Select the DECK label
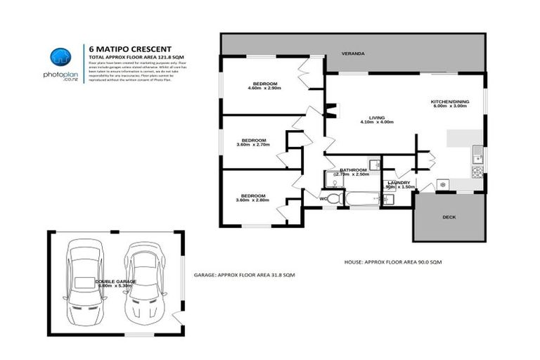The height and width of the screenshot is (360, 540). click(x=449, y=217)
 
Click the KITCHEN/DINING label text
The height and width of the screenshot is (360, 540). click(x=449, y=102)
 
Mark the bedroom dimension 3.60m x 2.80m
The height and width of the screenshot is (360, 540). click(x=252, y=200)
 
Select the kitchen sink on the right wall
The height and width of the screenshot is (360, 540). click(x=477, y=151)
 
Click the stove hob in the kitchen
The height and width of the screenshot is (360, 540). click(x=477, y=171)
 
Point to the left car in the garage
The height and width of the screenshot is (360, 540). click(x=85, y=280)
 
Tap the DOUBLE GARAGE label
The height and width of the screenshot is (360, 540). click(x=115, y=281)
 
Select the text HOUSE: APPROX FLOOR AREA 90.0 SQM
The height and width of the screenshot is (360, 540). click(x=392, y=262)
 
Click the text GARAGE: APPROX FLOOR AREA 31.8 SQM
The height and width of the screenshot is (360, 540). click(x=245, y=274)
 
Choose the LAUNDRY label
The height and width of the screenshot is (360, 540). click(x=399, y=182)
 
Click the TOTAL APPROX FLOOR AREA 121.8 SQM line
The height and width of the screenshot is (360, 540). click(x=136, y=56)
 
